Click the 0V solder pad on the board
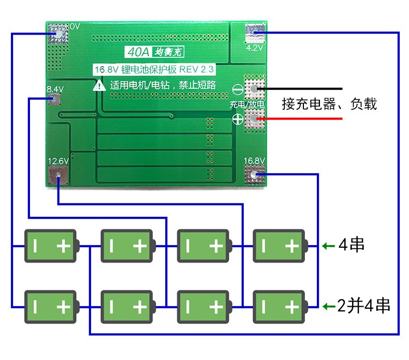59,34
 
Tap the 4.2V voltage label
255,48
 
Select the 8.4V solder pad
54,99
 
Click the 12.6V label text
58,161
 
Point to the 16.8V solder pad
254,174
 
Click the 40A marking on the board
138,52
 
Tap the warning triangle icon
99,85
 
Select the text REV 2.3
196,69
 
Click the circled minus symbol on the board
238,90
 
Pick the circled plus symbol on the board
238,119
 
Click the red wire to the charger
299,119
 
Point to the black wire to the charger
299,89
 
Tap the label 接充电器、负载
329,104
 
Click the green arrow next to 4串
328,246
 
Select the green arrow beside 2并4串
328,306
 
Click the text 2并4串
363,306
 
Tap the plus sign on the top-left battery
64,246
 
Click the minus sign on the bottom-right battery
264,307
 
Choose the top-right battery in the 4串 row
281,246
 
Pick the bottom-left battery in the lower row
52,307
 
